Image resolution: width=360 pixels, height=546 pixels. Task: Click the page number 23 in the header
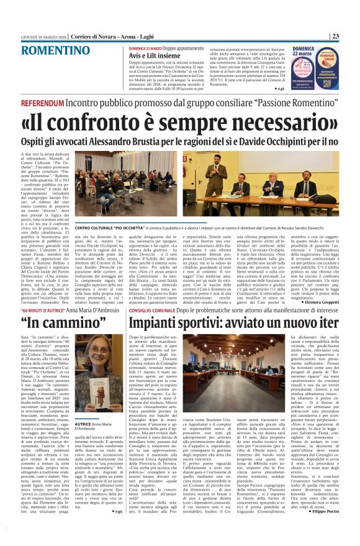pos(351,18)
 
